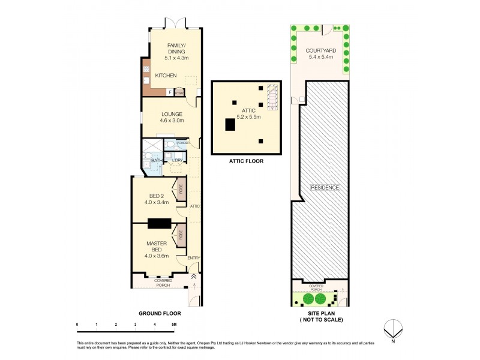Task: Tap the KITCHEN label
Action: pyautogui.click(x=166, y=76)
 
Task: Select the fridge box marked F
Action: pyautogui.click(x=170, y=92)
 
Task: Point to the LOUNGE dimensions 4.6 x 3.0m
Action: pyautogui.click(x=171, y=121)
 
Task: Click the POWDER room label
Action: pyautogui.click(x=182, y=143)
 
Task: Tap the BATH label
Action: pyautogui.click(x=156, y=160)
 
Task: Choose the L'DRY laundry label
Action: pyautogui.click(x=177, y=160)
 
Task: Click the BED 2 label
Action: pyautogui.click(x=157, y=196)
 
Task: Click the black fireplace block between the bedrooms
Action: pyautogui.click(x=160, y=223)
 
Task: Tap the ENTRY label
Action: pyautogui.click(x=193, y=258)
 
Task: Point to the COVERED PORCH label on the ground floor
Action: pyautogui.click(x=163, y=282)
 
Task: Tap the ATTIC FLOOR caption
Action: pyautogui.click(x=246, y=161)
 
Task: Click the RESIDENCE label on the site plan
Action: pyautogui.click(x=325, y=187)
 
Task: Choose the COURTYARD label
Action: pyautogui.click(x=320, y=51)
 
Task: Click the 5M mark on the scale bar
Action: pyautogui.click(x=174, y=324)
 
